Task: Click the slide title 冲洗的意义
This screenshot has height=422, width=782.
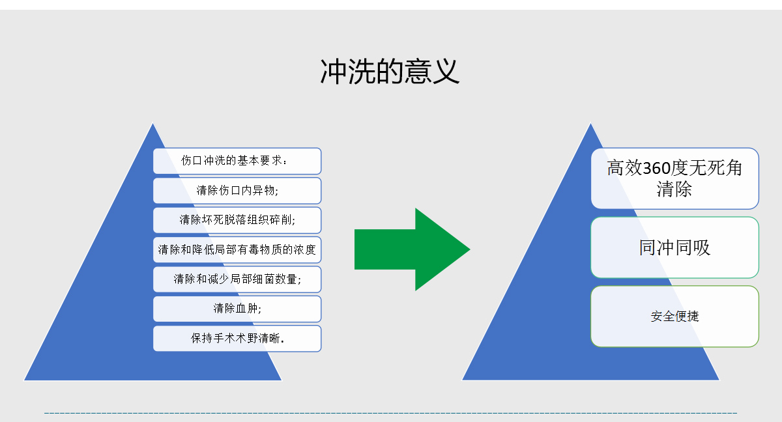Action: [390, 72]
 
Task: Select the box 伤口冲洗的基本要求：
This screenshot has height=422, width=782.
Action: [237, 161]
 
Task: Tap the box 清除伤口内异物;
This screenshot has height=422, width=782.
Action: [237, 191]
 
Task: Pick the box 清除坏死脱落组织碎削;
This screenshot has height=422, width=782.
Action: [237, 220]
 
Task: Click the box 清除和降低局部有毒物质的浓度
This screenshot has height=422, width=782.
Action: [237, 249]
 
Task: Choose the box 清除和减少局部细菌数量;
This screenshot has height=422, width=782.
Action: [237, 279]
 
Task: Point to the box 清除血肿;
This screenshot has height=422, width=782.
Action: [237, 309]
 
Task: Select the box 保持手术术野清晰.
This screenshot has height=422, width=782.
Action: [237, 339]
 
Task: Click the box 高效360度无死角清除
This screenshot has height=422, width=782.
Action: [674, 178]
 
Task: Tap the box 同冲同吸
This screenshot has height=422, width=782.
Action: [674, 247]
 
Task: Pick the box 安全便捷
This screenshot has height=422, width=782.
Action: [674, 316]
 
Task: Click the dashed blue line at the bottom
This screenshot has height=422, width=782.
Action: [391, 413]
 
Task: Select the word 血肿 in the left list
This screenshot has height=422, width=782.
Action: [246, 309]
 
